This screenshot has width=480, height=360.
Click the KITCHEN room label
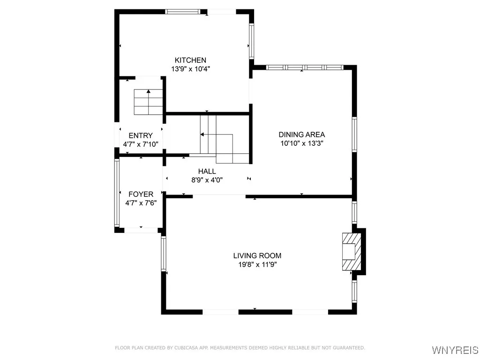pos(190,60)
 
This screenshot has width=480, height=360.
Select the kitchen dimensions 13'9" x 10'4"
pos(190,68)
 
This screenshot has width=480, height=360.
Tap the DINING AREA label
pos(302,135)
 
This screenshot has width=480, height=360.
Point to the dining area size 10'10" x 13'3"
pos(302,143)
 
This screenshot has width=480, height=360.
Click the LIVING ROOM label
pos(257,255)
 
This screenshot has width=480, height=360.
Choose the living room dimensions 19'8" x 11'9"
pos(257,264)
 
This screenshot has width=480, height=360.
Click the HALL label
pos(207,172)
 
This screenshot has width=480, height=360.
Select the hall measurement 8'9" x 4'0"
pos(207,180)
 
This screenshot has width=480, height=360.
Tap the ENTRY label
pos(141,135)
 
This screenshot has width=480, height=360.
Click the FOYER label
pos(141,194)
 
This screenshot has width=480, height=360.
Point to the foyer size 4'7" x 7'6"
pos(141,202)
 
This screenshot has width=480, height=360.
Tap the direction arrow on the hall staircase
pos(202,135)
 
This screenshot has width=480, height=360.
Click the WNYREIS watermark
pos(455,350)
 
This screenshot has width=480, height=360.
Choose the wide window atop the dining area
pos(304,67)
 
